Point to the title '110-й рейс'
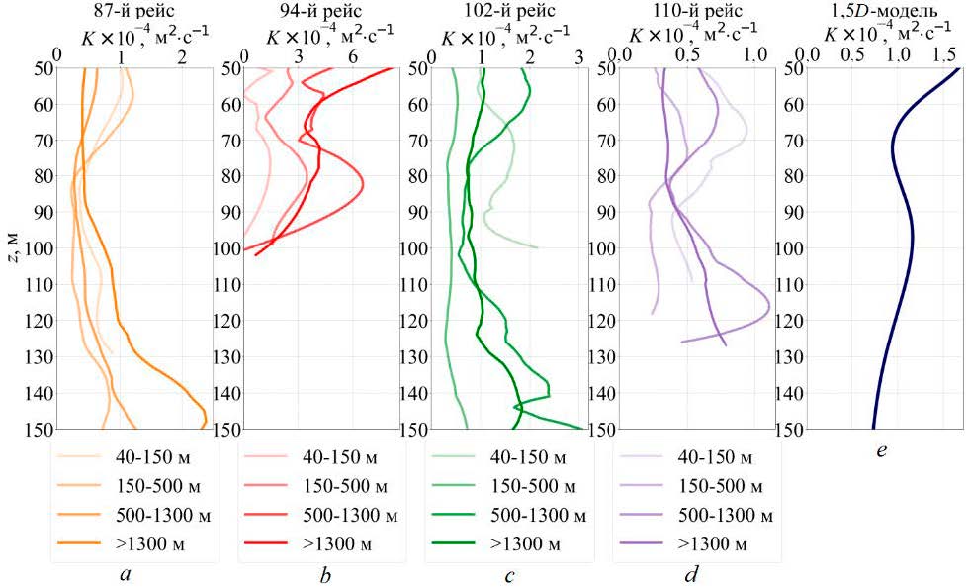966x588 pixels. point(689,11)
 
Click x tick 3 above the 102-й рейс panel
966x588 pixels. point(578,57)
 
